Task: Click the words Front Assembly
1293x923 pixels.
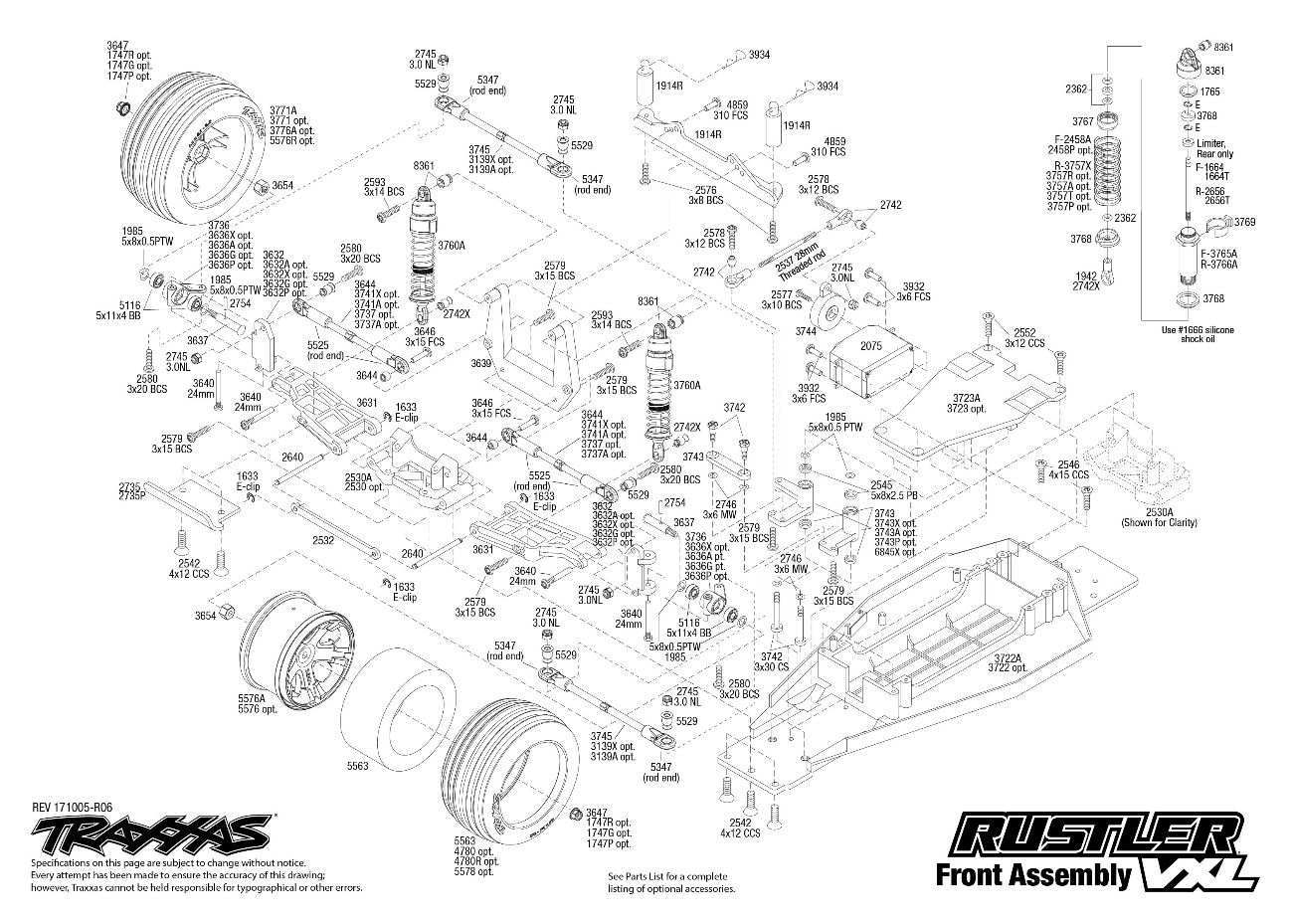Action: [1032, 875]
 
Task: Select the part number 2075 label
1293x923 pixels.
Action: [871, 346]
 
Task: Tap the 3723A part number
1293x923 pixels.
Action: [964, 397]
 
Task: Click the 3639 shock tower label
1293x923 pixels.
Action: [481, 364]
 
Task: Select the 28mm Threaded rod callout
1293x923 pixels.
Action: [794, 253]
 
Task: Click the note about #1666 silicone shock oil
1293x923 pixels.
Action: [1191, 333]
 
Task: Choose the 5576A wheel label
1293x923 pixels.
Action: [251, 698]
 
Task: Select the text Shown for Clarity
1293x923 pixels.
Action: [1160, 522]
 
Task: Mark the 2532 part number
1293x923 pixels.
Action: [322, 540]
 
